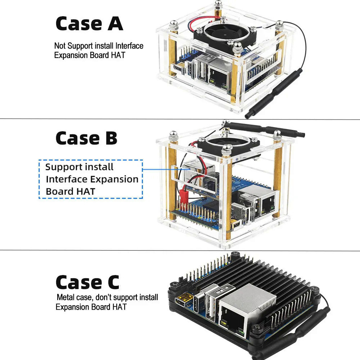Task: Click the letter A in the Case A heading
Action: click(115, 24)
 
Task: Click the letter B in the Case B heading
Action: click(111, 138)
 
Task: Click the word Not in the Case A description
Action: click(60, 46)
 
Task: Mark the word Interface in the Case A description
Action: click(130, 46)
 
